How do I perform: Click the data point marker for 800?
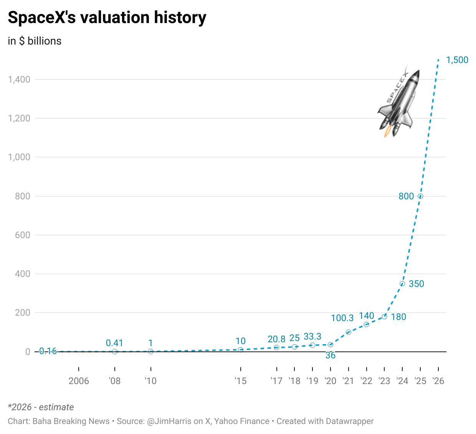[x=420, y=196]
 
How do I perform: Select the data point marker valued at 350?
[x=402, y=284]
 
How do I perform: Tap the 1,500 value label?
[x=457, y=60]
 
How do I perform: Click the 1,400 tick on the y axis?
[x=19, y=80]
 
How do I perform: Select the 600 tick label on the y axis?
[x=23, y=235]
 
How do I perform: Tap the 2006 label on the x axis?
[x=79, y=381]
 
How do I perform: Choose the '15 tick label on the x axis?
[x=240, y=381]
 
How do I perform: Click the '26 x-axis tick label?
[x=438, y=381]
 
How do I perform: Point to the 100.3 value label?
[x=342, y=318]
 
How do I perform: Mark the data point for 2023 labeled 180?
[x=384, y=316]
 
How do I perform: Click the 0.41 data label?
[x=114, y=343]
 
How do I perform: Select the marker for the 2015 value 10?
[x=241, y=350]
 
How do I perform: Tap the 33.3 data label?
[x=312, y=337]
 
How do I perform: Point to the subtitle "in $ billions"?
[x=35, y=41]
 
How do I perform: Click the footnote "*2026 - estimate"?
[x=41, y=407]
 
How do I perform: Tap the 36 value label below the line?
[x=331, y=356]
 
